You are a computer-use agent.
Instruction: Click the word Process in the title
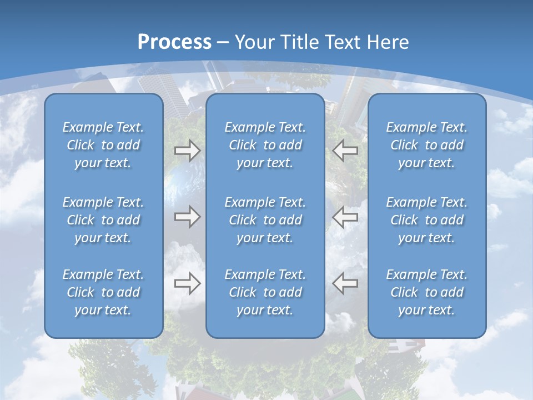[x=174, y=42]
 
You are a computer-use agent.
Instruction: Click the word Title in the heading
[x=301, y=42]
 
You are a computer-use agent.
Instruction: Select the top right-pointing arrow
[x=188, y=151]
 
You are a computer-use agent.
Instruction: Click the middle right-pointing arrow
[x=188, y=216]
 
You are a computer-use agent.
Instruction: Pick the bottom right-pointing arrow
[x=188, y=283]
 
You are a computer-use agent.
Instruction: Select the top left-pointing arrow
[x=345, y=151]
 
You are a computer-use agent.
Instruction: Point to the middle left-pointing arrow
[x=345, y=216]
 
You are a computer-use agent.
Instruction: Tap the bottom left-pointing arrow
[x=345, y=283]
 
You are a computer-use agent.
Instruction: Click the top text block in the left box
[x=103, y=145]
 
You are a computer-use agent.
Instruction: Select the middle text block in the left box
[x=103, y=220]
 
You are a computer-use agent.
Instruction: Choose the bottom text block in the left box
[x=103, y=292]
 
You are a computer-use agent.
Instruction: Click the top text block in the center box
[x=265, y=145]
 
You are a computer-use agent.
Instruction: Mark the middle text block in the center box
[x=265, y=220]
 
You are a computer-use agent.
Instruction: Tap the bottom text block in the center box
[x=265, y=292]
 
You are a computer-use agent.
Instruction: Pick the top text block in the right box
[x=427, y=145]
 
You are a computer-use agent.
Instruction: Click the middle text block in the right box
[x=427, y=220]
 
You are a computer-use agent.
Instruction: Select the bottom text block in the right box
[x=427, y=292]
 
